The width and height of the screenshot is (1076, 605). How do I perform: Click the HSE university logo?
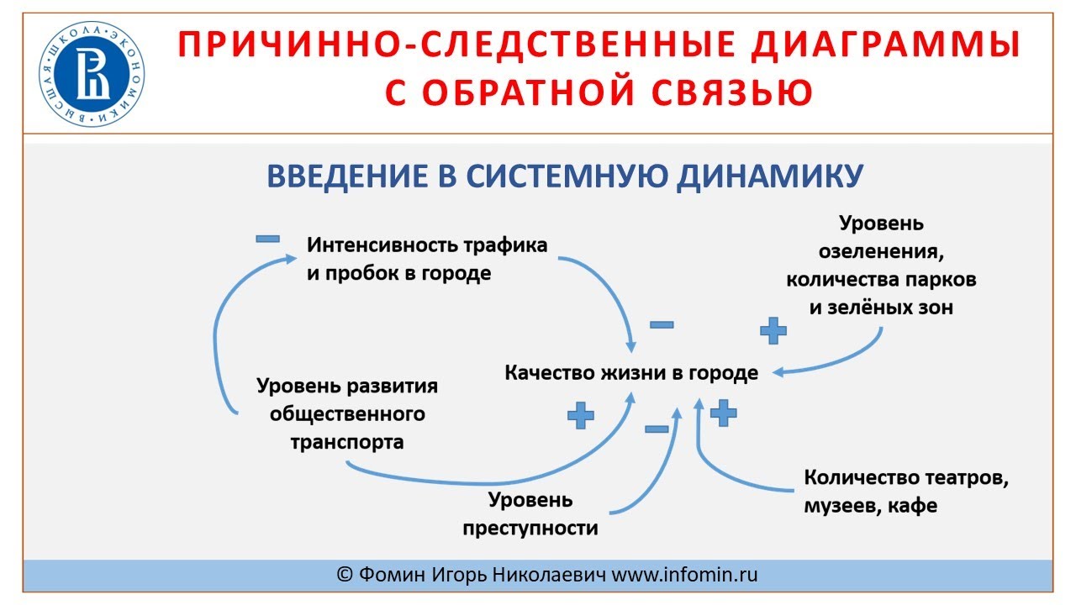tap(92, 75)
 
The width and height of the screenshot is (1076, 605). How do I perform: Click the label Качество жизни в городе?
tap(631, 372)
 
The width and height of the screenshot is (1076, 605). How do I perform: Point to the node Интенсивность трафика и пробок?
tap(427, 260)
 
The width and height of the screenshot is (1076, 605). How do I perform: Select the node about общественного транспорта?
tap(347, 413)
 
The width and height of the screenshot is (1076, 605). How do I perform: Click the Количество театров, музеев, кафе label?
tap(905, 492)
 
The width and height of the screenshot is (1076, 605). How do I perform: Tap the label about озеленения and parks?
tap(881, 266)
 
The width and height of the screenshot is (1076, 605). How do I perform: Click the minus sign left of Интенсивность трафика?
tap(267, 239)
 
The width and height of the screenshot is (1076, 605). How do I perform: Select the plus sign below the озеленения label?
tap(773, 330)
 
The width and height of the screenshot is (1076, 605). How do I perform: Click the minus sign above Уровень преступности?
tap(657, 429)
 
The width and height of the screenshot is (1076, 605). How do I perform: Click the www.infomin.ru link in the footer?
tap(684, 575)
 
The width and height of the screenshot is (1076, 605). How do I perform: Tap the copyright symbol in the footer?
tap(344, 575)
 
